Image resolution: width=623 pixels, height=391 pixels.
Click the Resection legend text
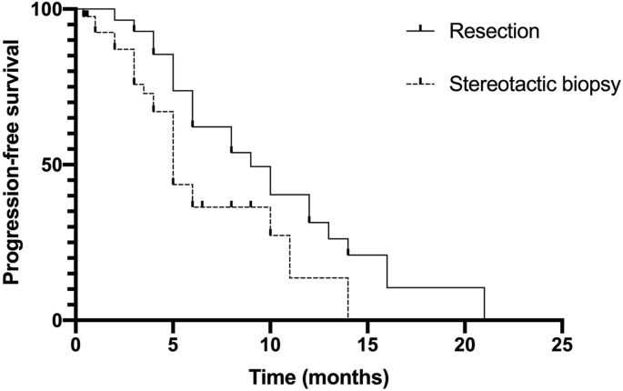(495, 31)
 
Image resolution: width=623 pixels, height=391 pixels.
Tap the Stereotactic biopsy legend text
(534, 85)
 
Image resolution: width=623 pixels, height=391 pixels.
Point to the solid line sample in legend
(419, 31)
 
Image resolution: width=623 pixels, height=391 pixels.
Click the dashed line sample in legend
(419, 85)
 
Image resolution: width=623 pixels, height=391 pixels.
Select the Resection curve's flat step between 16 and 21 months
(436, 287)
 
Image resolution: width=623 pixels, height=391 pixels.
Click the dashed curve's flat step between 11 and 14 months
(318, 277)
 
